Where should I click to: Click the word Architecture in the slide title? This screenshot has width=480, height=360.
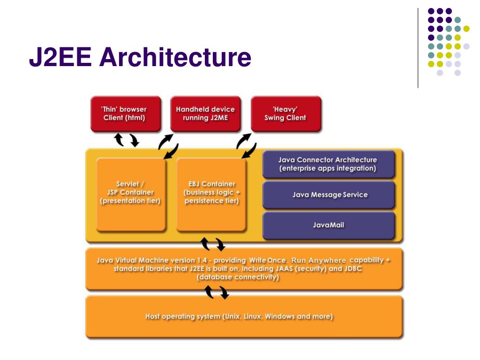(175, 57)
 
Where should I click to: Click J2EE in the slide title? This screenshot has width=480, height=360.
(60, 57)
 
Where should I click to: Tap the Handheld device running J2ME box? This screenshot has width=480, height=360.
(205, 113)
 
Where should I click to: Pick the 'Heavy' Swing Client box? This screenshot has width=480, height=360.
(285, 113)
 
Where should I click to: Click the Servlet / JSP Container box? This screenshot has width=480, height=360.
(130, 193)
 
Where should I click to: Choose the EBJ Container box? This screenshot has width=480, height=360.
(211, 193)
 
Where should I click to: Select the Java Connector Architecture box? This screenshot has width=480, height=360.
(328, 164)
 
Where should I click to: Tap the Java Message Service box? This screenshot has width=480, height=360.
(330, 195)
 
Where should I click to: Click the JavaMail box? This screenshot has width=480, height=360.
(328, 225)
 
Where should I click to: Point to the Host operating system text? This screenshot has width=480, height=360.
(239, 316)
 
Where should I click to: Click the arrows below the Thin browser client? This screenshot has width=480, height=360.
(127, 140)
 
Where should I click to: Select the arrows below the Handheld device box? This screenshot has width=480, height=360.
(169, 145)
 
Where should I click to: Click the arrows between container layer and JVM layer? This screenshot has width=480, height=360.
(213, 244)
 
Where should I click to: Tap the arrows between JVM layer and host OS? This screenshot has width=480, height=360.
(217, 292)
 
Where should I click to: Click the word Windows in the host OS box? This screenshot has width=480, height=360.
(280, 316)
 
